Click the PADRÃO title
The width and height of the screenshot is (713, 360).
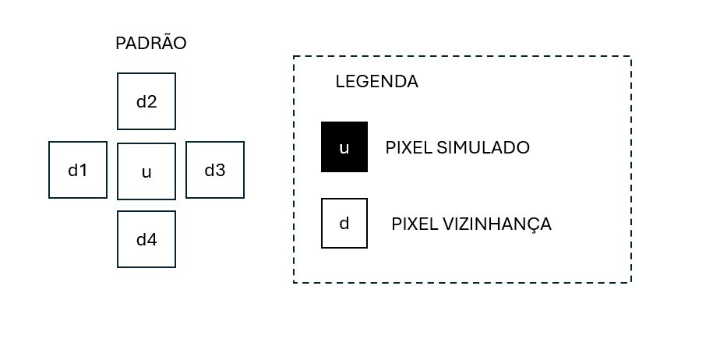(x=150, y=44)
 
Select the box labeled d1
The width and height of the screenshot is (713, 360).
(x=78, y=170)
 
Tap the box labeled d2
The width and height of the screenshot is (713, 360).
(x=146, y=101)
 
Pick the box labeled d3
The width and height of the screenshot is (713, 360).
(x=215, y=170)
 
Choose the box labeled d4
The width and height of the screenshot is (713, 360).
(x=146, y=239)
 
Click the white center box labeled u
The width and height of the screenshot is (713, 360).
(x=146, y=171)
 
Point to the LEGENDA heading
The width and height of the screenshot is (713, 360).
(x=376, y=82)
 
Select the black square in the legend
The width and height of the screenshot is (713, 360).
(x=344, y=146)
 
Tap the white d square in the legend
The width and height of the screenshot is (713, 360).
(x=344, y=224)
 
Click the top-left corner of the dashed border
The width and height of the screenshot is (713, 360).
(x=294, y=57)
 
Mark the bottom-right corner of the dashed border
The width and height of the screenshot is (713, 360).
(x=630, y=282)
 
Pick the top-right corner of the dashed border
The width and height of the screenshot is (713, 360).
(x=630, y=57)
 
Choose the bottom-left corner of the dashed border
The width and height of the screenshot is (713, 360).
(x=294, y=282)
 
